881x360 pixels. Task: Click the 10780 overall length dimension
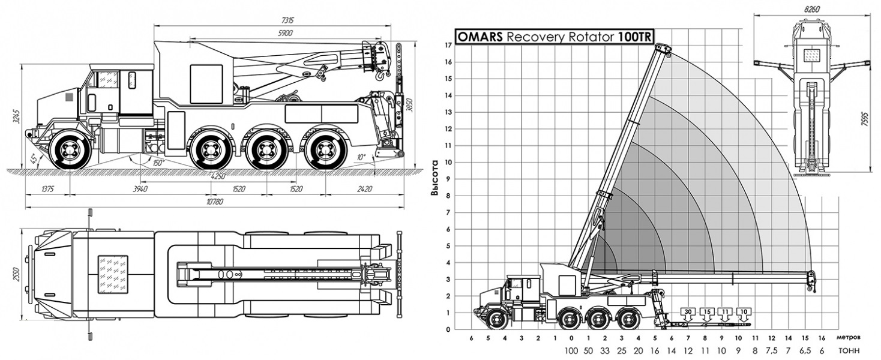pos(214,202)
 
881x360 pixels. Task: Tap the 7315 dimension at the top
pos(288,20)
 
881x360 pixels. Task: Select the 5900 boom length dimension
pos(285,33)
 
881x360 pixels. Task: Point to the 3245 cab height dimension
pos(16,116)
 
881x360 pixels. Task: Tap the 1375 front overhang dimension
pos(47,189)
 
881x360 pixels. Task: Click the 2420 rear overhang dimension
pos(365,189)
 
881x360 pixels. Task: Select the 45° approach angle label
pos(34,158)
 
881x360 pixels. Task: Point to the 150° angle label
pos(158,163)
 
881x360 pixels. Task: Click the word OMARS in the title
pos(480,37)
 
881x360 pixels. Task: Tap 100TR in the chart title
pos(634,37)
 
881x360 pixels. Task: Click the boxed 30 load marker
pos(688,312)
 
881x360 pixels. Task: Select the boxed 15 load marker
pos(707,312)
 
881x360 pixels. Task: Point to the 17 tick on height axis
pos(448,45)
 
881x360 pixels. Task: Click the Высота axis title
pos(434,178)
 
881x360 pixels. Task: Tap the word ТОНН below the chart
pos(849,350)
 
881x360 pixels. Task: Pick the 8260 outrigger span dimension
pos(812,10)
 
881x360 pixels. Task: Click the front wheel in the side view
pos(71,150)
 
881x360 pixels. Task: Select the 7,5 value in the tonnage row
pos(771,350)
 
